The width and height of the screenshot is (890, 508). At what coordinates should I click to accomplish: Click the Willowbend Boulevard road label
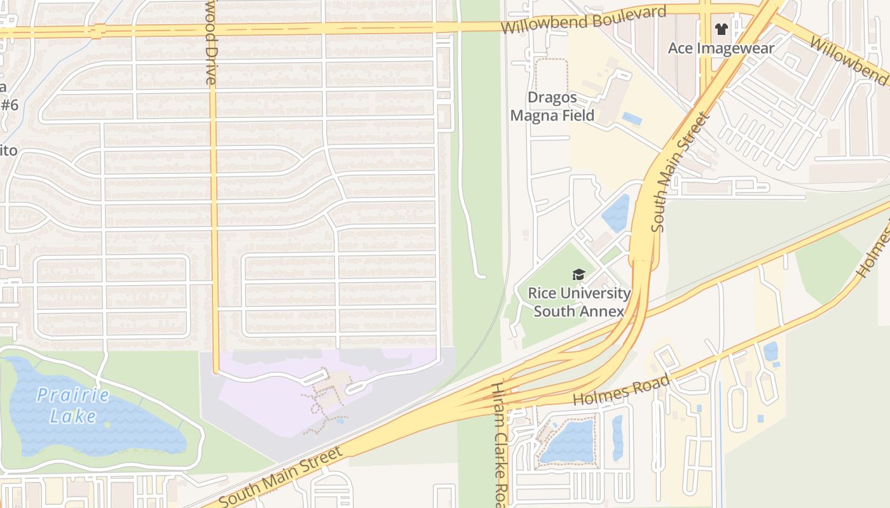[583, 20]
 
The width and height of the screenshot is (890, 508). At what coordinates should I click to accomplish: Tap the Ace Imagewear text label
[721, 48]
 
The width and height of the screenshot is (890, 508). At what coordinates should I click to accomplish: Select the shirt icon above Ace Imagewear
[721, 29]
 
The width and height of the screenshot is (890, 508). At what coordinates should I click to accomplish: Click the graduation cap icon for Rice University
[578, 274]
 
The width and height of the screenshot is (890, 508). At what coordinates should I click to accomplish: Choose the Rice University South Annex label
[579, 302]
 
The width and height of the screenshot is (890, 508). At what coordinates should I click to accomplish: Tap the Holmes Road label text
[621, 391]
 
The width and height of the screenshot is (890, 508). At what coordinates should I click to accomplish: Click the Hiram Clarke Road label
[500, 444]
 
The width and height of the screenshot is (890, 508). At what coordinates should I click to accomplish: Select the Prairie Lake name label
[73, 406]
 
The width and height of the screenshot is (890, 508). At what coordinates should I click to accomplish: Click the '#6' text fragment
[9, 105]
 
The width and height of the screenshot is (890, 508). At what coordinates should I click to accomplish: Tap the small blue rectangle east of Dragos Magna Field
[632, 118]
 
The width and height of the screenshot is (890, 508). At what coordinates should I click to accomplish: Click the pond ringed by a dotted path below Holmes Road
[567, 441]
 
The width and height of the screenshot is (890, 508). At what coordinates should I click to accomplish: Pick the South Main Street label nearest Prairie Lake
[281, 476]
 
